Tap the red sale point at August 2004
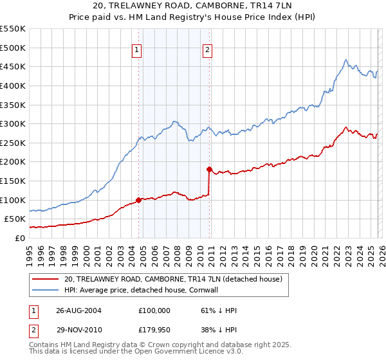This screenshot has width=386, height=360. tap(138, 200)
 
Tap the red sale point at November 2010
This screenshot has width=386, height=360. tap(209, 170)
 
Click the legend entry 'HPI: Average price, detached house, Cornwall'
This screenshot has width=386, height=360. tap(151, 291)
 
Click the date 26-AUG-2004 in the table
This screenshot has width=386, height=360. tap(78, 310)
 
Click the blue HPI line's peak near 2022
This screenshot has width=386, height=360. tap(345, 60)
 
